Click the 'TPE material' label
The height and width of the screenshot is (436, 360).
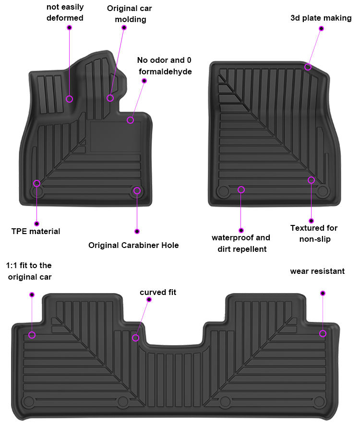click(x=36, y=232)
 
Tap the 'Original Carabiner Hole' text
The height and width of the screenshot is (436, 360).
click(x=133, y=246)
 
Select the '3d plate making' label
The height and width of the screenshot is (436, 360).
click(x=321, y=18)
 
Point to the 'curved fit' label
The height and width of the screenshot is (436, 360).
click(x=158, y=292)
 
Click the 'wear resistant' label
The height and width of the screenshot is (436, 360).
click(x=317, y=271)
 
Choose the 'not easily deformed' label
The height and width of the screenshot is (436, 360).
click(x=65, y=12)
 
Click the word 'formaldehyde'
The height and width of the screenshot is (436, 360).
click(x=166, y=72)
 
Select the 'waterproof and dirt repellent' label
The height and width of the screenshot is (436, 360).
click(x=241, y=243)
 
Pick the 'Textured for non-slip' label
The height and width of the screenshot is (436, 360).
click(x=314, y=234)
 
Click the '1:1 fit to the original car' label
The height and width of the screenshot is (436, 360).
click(x=29, y=271)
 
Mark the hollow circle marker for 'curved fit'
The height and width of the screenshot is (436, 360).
click(x=136, y=338)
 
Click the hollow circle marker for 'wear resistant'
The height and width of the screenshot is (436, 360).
click(x=323, y=333)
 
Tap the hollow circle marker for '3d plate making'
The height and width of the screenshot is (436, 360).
click(x=308, y=67)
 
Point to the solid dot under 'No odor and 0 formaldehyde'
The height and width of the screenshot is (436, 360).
click(x=144, y=81)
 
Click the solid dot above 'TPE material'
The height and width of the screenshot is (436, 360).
click(x=36, y=224)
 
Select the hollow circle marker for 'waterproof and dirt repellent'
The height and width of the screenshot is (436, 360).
click(x=241, y=190)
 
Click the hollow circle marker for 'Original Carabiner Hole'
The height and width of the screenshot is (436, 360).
click(x=137, y=191)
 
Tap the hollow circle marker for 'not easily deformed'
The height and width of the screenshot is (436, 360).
click(x=70, y=99)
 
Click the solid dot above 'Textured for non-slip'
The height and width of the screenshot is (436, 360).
click(x=311, y=221)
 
